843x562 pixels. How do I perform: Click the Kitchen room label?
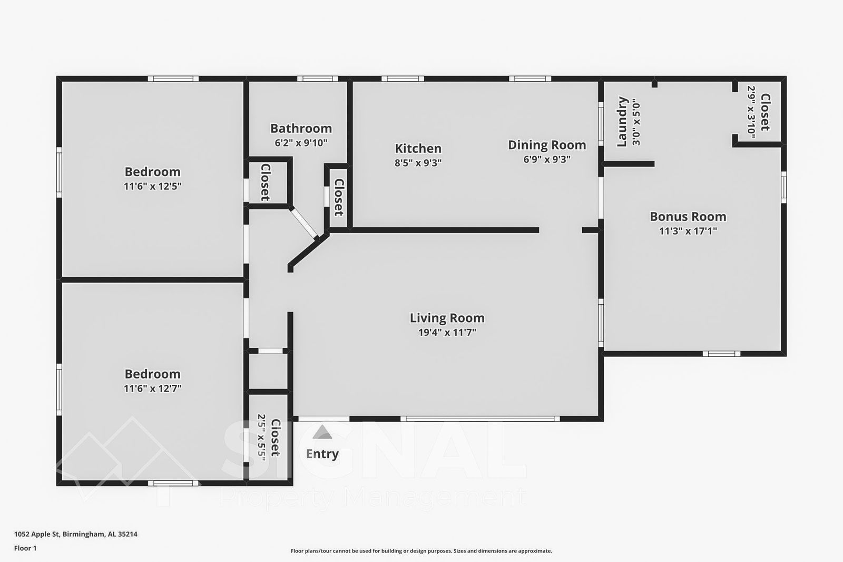(418, 149)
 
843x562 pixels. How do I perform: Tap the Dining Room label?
(547, 145)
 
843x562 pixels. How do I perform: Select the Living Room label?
(447, 318)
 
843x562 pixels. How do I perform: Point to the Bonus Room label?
(688, 217)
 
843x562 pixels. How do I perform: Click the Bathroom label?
(301, 129)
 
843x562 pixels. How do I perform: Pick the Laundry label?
(623, 122)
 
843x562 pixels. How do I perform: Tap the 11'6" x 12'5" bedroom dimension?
(152, 186)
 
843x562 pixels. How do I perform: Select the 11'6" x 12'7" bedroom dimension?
(152, 389)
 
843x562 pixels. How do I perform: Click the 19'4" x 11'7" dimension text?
(447, 332)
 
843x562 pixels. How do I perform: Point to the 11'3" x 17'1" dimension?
(688, 231)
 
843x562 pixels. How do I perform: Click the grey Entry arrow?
(322, 432)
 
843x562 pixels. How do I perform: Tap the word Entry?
(322, 454)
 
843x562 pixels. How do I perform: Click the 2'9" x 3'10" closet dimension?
(751, 112)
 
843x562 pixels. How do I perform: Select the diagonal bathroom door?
(304, 222)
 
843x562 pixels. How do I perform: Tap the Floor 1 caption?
(25, 548)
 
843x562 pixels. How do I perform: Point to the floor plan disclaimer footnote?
(421, 551)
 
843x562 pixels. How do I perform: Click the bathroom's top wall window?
(318, 79)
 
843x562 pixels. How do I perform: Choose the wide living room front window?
(480, 419)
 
